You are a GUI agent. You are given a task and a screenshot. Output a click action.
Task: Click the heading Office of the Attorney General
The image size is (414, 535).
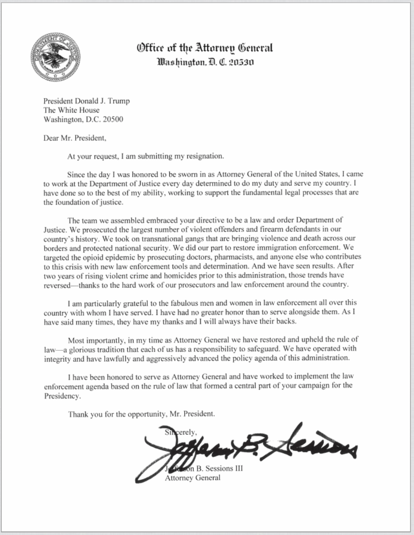tap(205, 48)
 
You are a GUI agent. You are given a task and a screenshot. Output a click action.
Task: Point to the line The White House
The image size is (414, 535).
tap(72, 110)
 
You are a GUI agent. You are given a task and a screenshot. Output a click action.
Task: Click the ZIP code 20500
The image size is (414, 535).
tap(113, 119)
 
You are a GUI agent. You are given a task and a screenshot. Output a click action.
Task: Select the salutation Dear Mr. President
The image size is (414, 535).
tap(75, 137)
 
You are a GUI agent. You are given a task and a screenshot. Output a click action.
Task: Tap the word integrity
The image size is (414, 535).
tap(59, 358)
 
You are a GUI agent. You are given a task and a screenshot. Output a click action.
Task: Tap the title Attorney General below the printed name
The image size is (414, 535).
tap(192, 478)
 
